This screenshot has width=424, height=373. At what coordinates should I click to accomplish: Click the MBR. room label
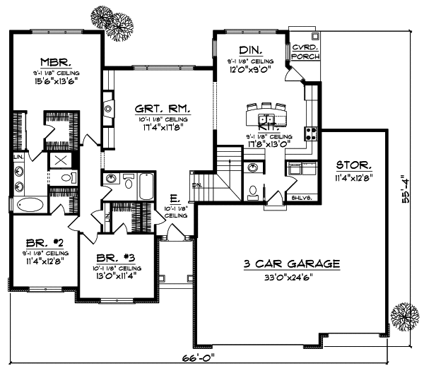click(54, 61)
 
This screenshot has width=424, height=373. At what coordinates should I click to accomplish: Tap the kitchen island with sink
click(265, 117)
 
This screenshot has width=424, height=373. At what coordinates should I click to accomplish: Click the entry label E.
click(173, 200)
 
